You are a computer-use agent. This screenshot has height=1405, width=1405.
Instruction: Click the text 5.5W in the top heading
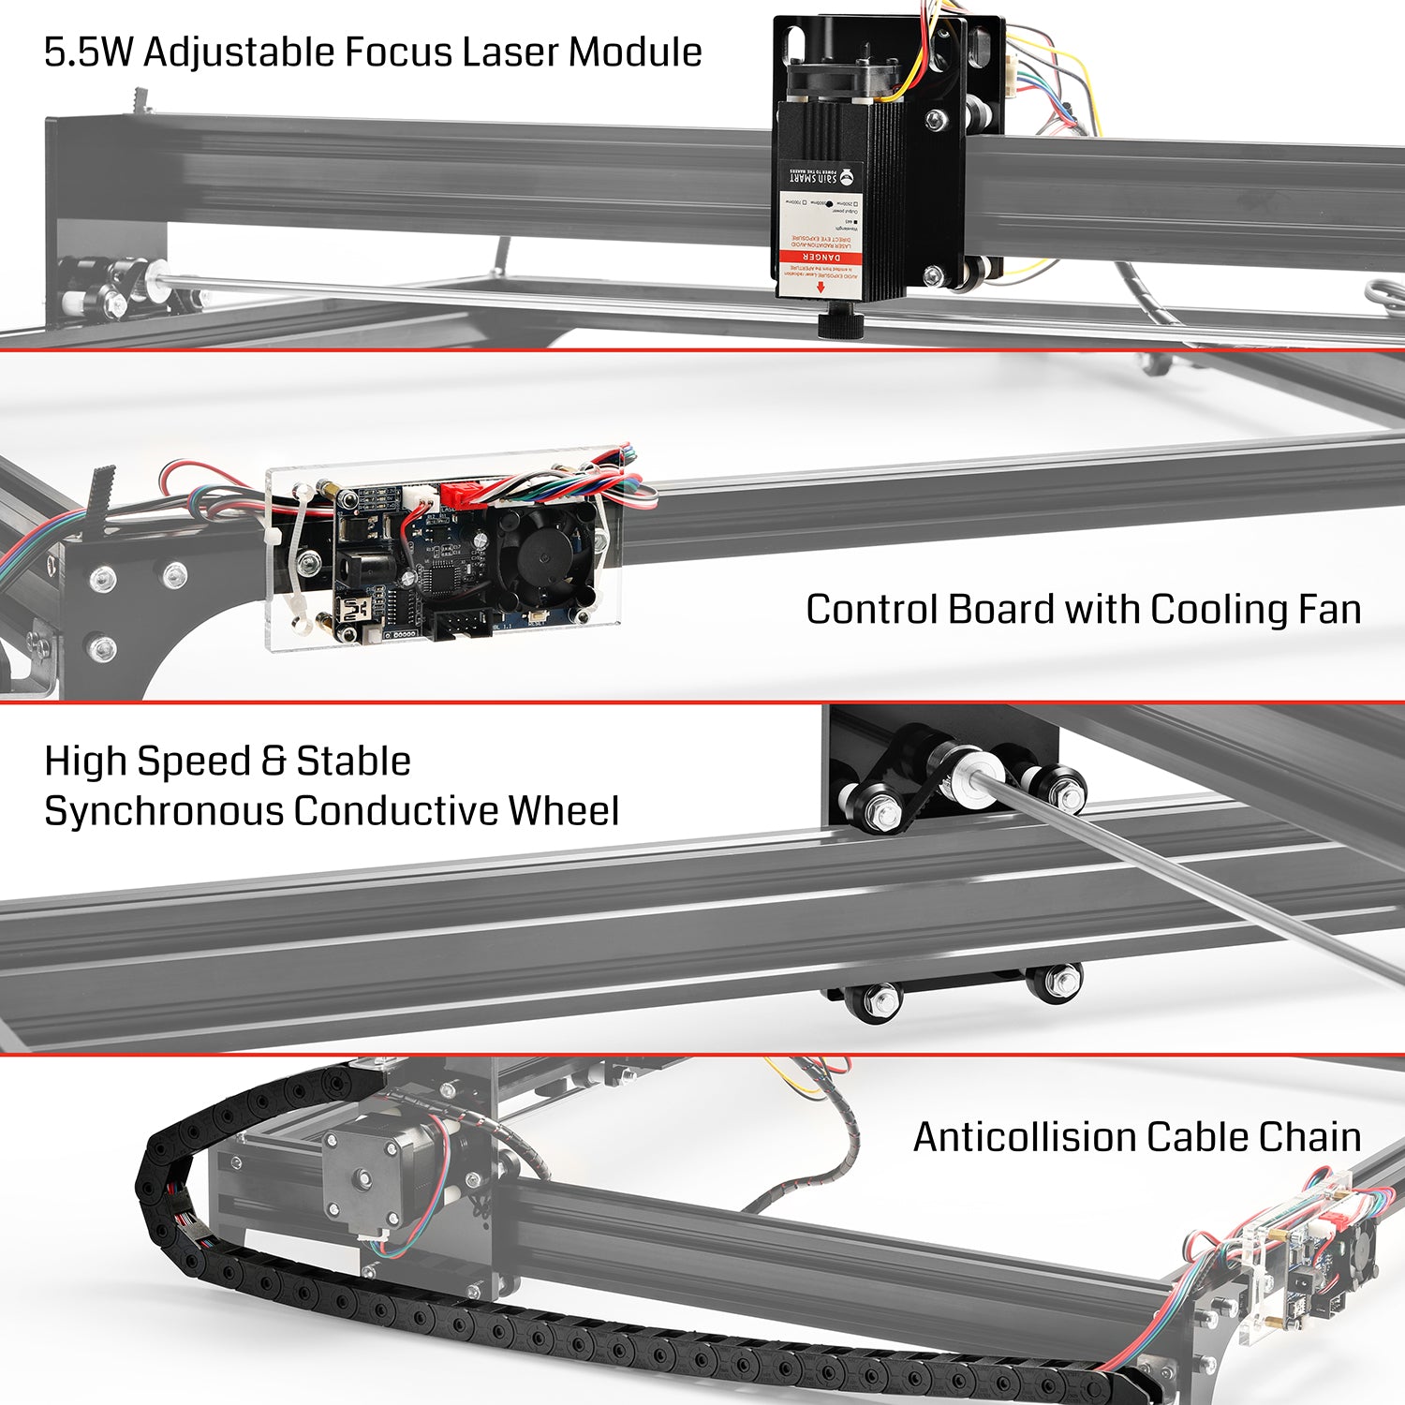pos(89,52)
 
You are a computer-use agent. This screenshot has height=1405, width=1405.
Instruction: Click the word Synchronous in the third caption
pos(165,811)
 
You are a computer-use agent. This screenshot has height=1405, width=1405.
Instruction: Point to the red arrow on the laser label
pos(821,287)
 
